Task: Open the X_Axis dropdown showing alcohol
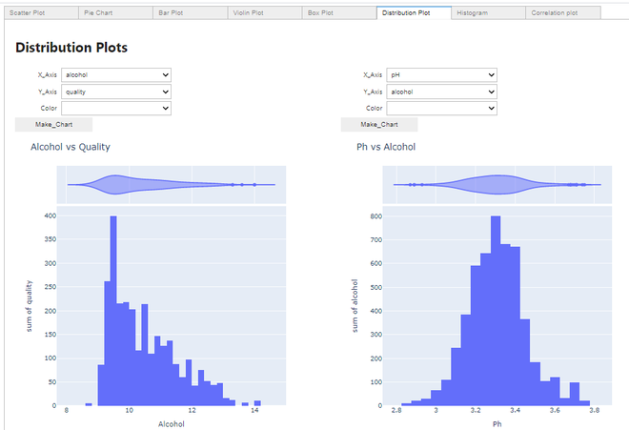pos(116,74)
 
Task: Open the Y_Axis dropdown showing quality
pos(116,92)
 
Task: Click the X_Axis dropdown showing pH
pos(442,74)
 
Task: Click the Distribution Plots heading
pos(71,48)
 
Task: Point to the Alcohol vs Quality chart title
pos(71,147)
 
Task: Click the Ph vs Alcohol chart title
pos(386,147)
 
